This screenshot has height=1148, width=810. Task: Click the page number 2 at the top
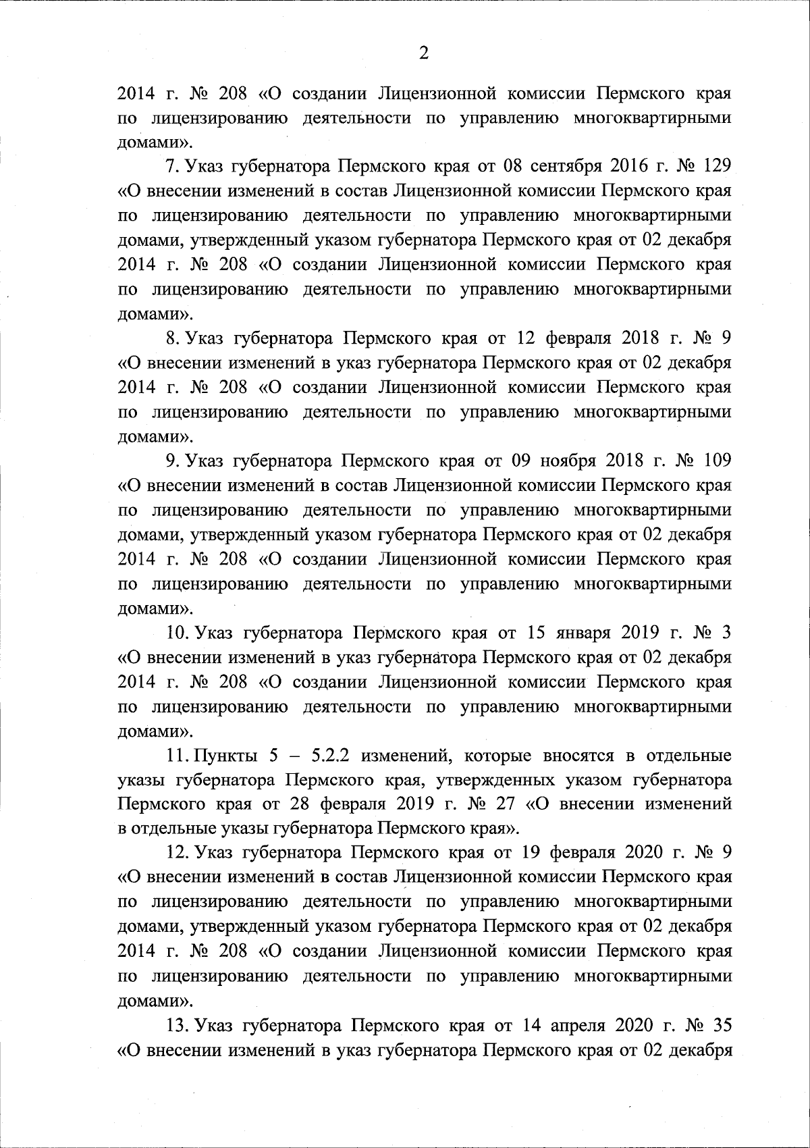coord(424,53)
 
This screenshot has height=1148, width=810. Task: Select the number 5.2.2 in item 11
coord(330,756)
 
